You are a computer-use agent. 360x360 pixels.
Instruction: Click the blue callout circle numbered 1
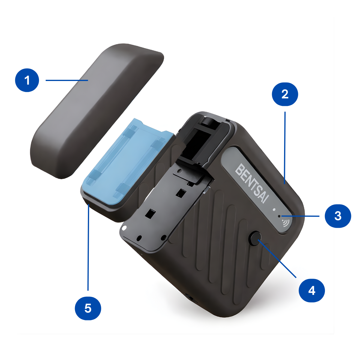click(x=27, y=80)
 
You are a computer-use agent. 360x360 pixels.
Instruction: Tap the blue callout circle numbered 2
click(x=285, y=94)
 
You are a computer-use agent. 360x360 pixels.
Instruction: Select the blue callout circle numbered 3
click(x=338, y=216)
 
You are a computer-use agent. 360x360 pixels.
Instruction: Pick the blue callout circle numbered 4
click(x=312, y=290)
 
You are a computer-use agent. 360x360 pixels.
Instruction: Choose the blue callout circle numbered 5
click(x=88, y=308)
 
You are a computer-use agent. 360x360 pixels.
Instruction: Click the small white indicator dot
click(x=274, y=209)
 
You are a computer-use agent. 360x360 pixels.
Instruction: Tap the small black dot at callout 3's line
click(x=279, y=216)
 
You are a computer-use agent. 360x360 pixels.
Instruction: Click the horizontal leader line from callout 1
click(x=67, y=80)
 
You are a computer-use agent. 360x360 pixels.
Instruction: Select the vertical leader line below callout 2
click(x=285, y=148)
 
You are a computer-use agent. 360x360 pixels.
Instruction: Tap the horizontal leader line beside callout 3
click(x=300, y=216)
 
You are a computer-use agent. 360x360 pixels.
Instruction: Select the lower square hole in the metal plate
click(x=151, y=213)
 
